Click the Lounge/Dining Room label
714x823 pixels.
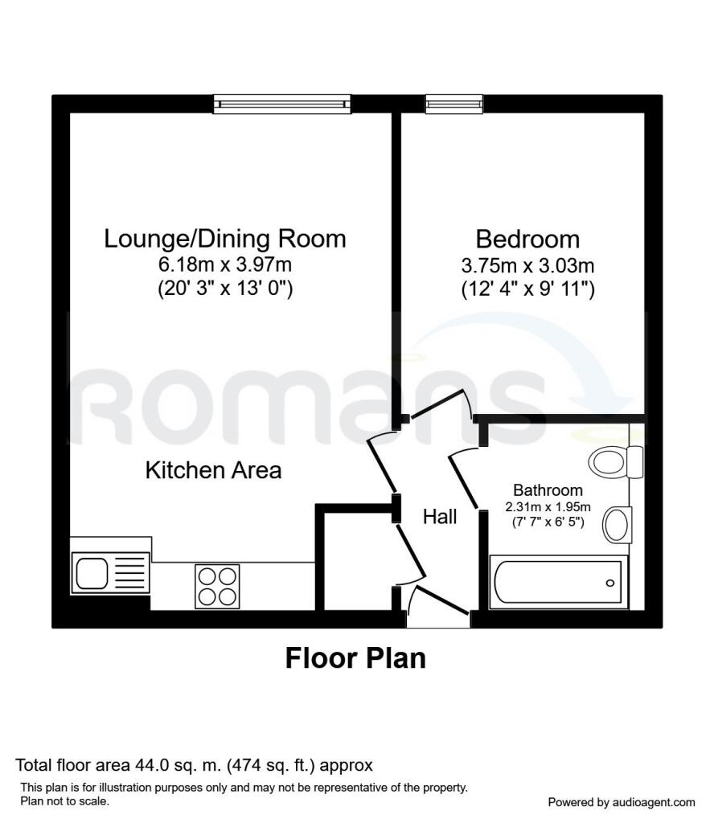(x=225, y=239)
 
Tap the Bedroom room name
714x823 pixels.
(x=527, y=239)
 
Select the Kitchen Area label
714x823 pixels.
(x=213, y=470)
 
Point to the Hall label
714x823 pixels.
(x=440, y=517)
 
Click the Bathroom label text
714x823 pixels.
(x=548, y=490)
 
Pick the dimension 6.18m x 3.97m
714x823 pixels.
(x=225, y=264)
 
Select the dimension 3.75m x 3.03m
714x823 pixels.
(x=527, y=264)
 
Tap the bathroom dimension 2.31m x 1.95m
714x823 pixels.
(x=548, y=506)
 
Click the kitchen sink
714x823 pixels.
(x=93, y=573)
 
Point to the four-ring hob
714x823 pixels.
(x=217, y=587)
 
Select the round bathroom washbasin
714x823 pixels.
(x=618, y=524)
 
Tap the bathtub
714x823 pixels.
(x=558, y=583)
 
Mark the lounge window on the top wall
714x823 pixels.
(x=282, y=102)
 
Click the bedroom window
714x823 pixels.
(x=454, y=102)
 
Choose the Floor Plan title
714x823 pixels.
(x=355, y=658)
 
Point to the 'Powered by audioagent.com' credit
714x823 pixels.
(x=621, y=802)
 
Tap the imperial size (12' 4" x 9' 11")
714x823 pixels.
(x=527, y=289)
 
